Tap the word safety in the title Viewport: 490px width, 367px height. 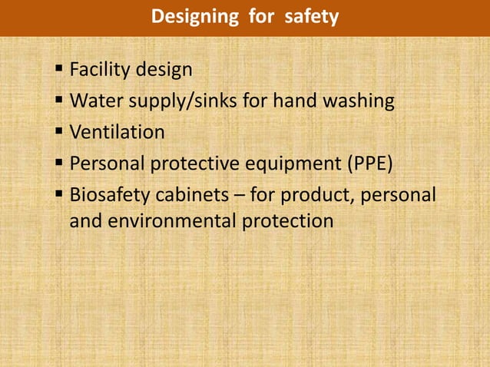click(311, 16)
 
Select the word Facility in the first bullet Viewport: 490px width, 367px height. click(101, 71)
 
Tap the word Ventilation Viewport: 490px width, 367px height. click(117, 132)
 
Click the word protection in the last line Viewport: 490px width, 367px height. click(287, 221)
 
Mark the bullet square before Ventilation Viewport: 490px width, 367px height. click(59, 132)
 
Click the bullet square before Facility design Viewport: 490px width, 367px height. click(59, 71)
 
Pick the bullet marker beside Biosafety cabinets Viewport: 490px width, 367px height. click(59, 193)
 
